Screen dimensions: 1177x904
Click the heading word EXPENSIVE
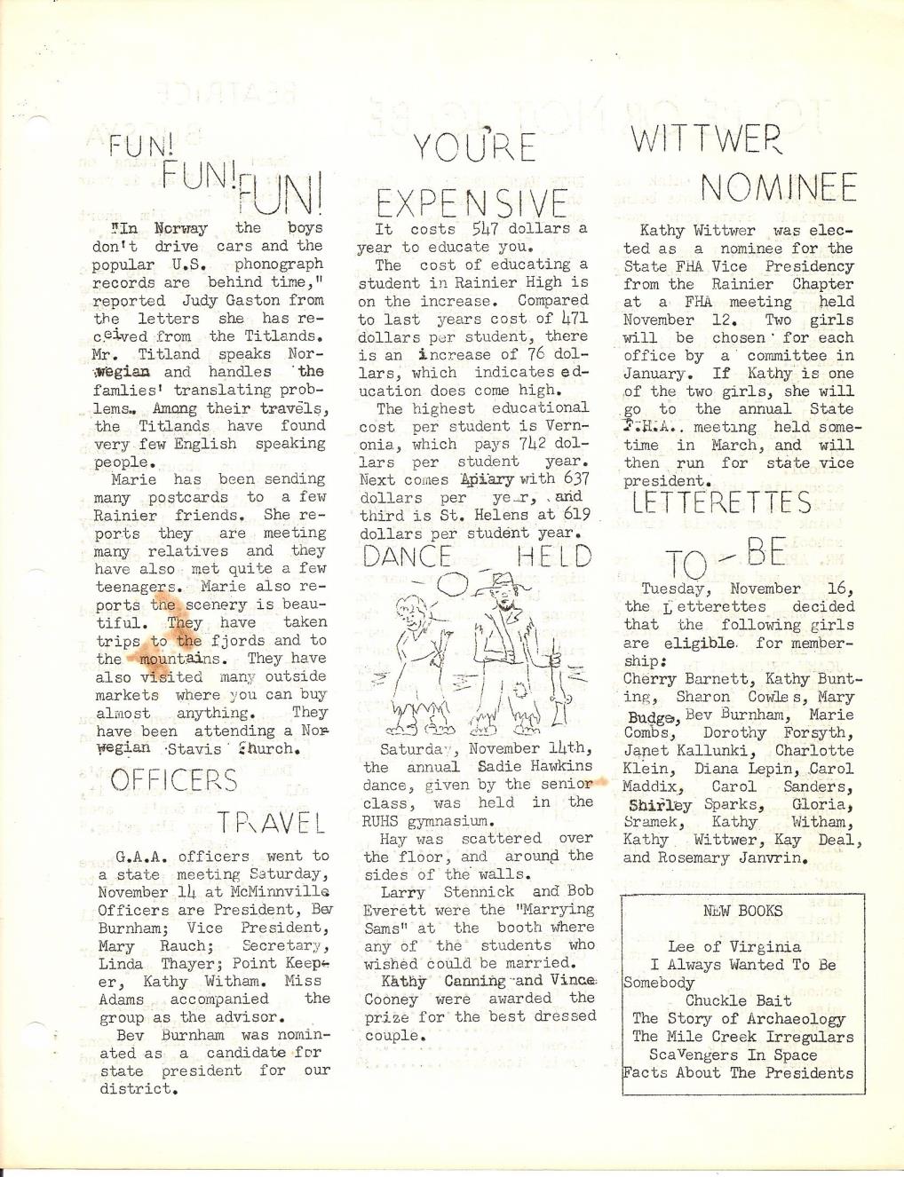(472, 203)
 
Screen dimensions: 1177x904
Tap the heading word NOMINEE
(778, 188)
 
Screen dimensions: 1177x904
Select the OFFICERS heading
(174, 781)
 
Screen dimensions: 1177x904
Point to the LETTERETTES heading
(721, 503)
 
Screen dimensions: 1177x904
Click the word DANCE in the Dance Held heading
(408, 557)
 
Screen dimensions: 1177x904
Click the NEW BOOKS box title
(742, 911)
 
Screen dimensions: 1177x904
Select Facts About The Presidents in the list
(738, 1072)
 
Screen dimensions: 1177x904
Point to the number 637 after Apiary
(576, 479)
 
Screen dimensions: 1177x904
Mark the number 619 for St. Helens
(575, 515)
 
